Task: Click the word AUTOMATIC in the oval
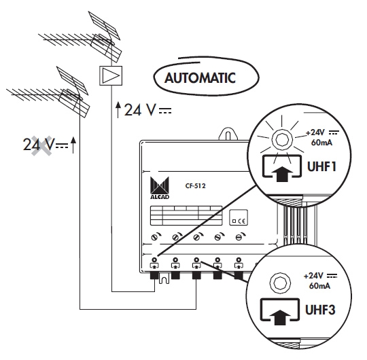click(x=200, y=78)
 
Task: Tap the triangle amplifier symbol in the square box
click(x=111, y=75)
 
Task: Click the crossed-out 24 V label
click(x=39, y=145)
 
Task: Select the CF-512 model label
click(x=195, y=186)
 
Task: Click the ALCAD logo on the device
click(x=160, y=188)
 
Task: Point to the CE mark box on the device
click(x=239, y=217)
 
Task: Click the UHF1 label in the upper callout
click(x=321, y=167)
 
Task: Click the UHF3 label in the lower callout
click(x=320, y=310)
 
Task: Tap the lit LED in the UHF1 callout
click(x=282, y=140)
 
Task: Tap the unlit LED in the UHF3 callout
click(x=281, y=283)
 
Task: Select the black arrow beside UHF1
click(x=282, y=173)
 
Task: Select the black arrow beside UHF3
click(x=280, y=317)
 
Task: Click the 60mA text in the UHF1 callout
click(x=321, y=143)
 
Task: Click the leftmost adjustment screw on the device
click(x=154, y=238)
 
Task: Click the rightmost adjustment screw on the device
click(x=239, y=238)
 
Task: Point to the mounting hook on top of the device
click(x=228, y=134)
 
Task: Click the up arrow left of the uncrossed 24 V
click(x=118, y=110)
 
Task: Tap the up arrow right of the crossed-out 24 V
click(x=73, y=145)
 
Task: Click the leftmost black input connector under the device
click(x=154, y=276)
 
